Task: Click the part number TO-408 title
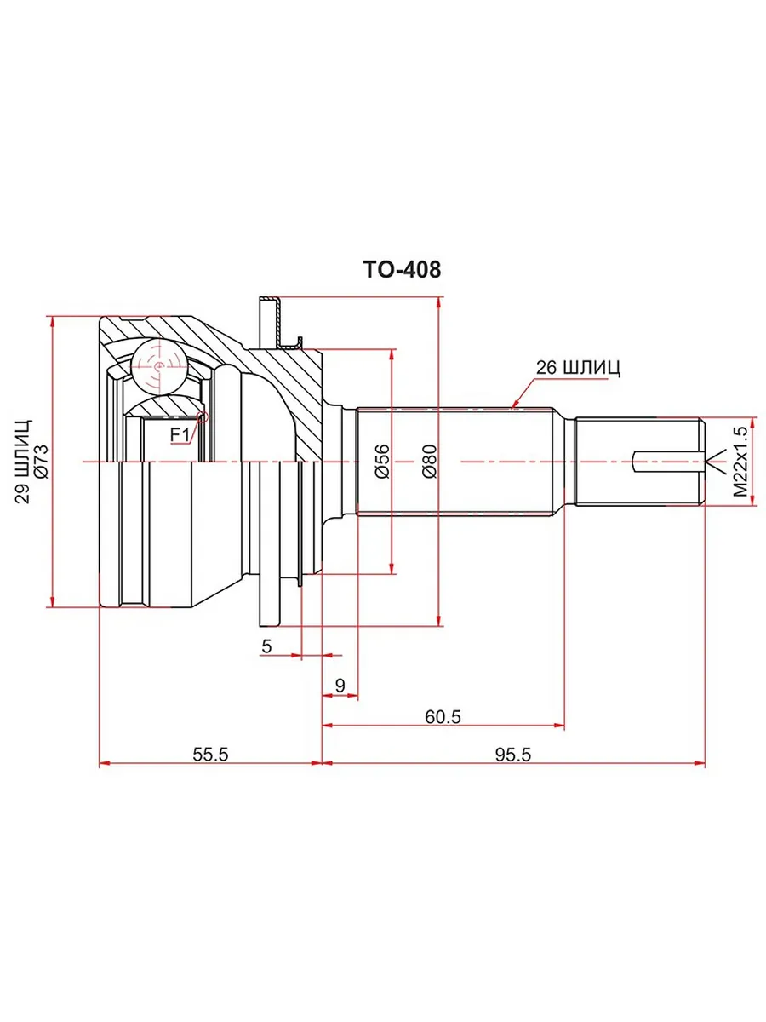(402, 270)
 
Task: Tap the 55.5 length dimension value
(211, 755)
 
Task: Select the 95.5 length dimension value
(512, 755)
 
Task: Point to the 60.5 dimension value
(443, 717)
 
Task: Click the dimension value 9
(340, 686)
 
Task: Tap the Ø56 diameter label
(381, 462)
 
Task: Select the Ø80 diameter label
(430, 462)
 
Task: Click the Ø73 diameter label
(41, 462)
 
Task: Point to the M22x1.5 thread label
(740, 462)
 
